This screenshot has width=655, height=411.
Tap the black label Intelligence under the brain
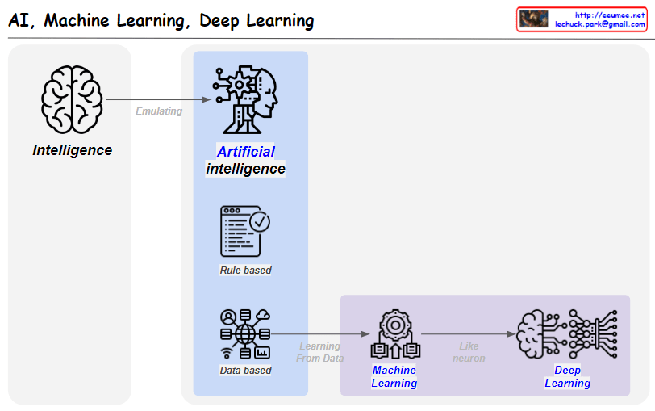(73, 150)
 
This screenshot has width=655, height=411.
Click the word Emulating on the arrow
(159, 111)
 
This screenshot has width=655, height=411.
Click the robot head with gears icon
(244, 99)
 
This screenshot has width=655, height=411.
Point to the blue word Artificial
(246, 152)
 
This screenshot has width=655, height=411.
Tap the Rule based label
(245, 271)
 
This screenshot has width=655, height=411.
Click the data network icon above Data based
(245, 333)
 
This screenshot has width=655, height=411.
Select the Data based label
(245, 371)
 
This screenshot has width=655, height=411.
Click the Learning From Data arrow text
(320, 352)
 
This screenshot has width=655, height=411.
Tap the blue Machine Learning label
(394, 376)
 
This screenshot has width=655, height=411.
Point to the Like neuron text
(469, 352)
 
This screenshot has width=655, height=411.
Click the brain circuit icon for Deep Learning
(568, 333)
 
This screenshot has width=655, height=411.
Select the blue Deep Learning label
(568, 376)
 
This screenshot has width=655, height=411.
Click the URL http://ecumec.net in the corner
(610, 15)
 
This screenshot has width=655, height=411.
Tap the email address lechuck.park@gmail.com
(600, 25)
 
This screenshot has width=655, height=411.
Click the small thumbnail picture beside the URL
(534, 19)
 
